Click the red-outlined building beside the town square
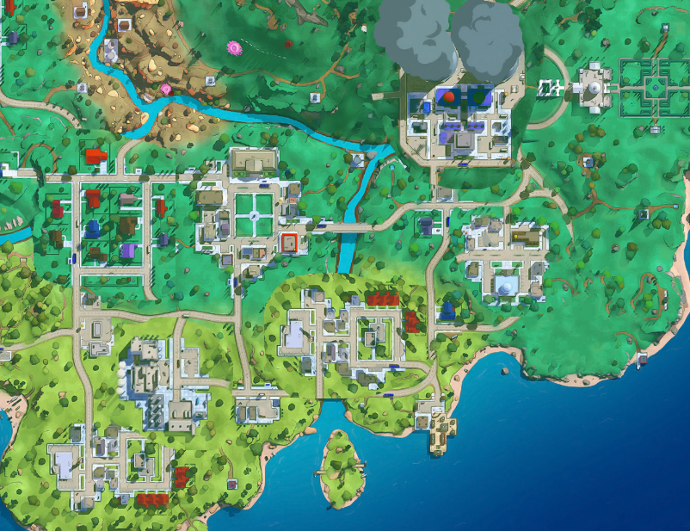click(291, 244)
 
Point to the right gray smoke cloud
click(486, 39)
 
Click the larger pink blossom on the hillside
click(232, 47)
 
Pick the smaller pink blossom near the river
click(166, 89)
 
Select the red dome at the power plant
click(447, 98)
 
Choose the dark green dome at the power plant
click(476, 98)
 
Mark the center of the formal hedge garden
click(655, 86)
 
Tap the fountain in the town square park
click(252, 215)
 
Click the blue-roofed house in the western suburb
click(93, 227)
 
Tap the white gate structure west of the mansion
click(549, 87)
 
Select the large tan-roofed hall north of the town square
click(256, 162)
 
